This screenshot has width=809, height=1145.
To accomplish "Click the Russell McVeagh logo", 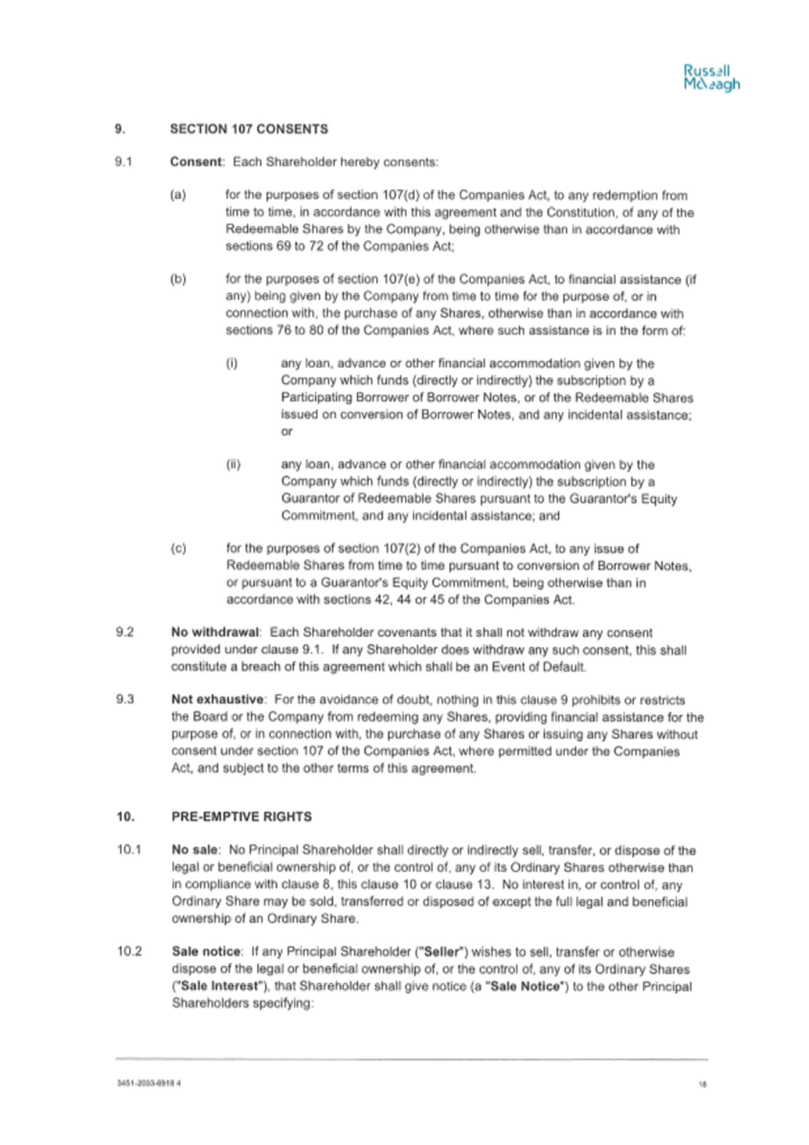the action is (711, 78).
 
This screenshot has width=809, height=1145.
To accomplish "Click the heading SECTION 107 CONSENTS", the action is (249, 129).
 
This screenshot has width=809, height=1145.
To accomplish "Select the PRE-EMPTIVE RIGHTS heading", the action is (242, 817).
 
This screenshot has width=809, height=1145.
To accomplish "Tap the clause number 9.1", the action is (123, 162).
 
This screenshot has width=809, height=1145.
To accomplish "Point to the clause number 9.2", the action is (125, 632).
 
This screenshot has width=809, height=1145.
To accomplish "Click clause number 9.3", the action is (125, 700).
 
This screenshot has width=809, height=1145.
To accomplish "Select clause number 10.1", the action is (129, 850).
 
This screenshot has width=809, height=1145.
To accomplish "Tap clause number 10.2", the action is (129, 951).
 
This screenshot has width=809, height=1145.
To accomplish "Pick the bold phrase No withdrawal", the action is (215, 632).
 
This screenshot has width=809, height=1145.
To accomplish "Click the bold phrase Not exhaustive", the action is (217, 700).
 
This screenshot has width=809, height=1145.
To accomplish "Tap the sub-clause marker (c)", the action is (178, 549).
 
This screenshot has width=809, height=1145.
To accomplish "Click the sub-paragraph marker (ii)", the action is (233, 464).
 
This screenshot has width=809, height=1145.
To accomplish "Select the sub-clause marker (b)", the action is (178, 279).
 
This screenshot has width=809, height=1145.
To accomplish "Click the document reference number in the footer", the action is (149, 1082).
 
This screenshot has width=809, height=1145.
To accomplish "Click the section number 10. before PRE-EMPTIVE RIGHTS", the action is (126, 817).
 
